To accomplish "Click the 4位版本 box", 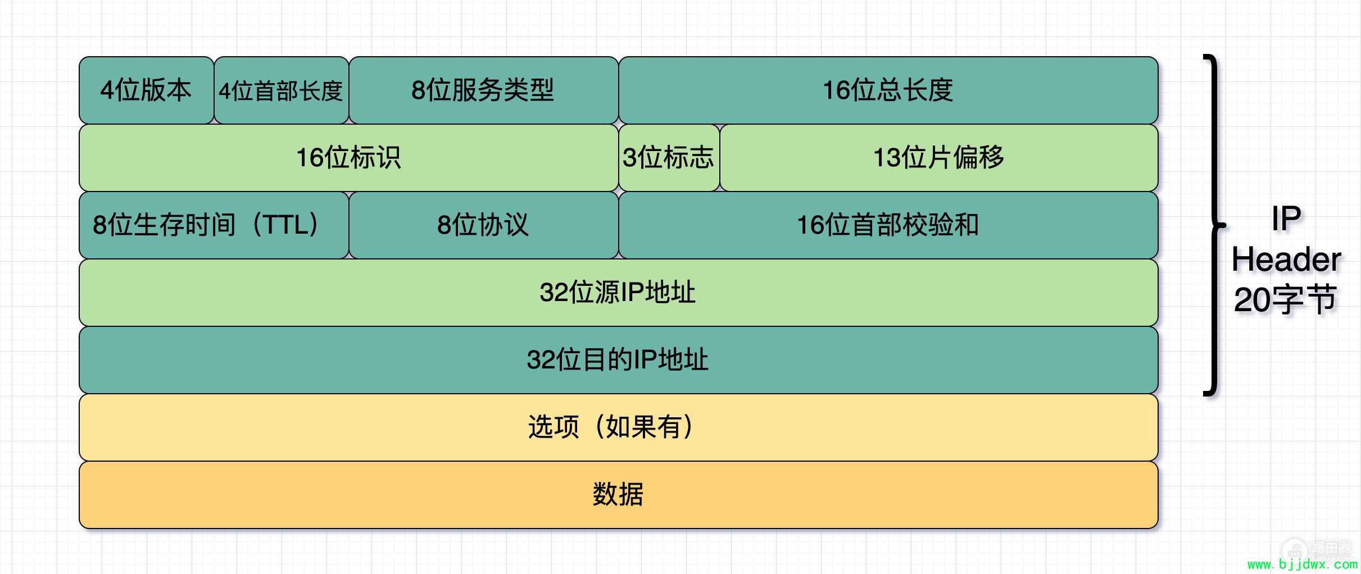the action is [x=146, y=90].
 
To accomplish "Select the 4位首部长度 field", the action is [x=282, y=90].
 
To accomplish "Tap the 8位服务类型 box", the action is [x=484, y=90].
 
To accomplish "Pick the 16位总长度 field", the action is [x=888, y=90].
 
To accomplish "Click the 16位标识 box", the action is [x=349, y=158].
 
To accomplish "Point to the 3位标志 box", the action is [x=669, y=158].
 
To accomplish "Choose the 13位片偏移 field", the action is [x=939, y=158].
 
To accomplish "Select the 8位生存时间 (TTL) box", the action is [x=214, y=225].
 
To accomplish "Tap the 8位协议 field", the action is [x=484, y=225].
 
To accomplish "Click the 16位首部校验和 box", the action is [x=888, y=225].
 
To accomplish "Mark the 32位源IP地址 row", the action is [x=619, y=293].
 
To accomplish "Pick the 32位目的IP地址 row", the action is [x=619, y=360].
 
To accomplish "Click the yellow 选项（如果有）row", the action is [x=619, y=427].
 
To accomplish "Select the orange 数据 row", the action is [x=619, y=495].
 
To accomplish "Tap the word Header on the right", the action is [x=1287, y=259].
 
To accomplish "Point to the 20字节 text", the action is [x=1286, y=299].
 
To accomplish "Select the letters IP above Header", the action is [x=1286, y=218].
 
